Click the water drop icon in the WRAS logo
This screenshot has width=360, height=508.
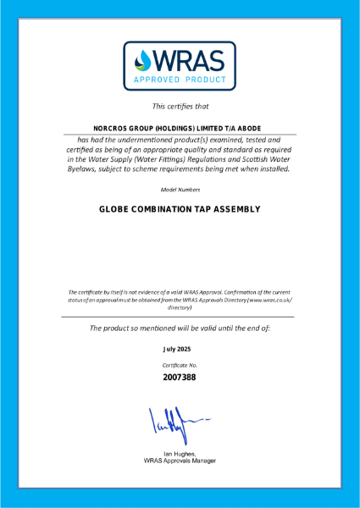pyautogui.click(x=142, y=61)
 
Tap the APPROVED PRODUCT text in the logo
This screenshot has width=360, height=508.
pyautogui.click(x=180, y=80)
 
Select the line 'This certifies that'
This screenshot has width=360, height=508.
pyautogui.click(x=180, y=107)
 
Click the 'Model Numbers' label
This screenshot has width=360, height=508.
pyautogui.click(x=180, y=190)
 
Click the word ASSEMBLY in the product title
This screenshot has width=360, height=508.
pyautogui.click(x=239, y=209)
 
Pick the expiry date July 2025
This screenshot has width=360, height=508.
pyautogui.click(x=180, y=348)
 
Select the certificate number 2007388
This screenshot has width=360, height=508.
pyautogui.click(x=180, y=377)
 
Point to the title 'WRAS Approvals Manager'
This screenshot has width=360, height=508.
pyautogui.click(x=180, y=461)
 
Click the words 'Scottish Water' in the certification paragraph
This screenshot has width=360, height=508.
pyautogui.click(x=253, y=158)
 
